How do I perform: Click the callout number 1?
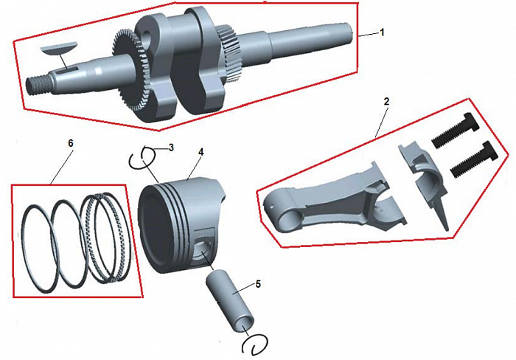tap(382, 33)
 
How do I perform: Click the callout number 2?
tap(386, 102)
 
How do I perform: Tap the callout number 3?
tap(171, 148)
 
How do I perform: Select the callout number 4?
tap(201, 153)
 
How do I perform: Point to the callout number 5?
tap(258, 284)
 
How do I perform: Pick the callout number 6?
tap(70, 143)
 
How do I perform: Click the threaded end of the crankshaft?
tap(38, 85)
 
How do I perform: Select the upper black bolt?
tap(454, 131)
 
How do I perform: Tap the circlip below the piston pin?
tap(255, 345)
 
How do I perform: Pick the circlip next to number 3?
tap(142, 158)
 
